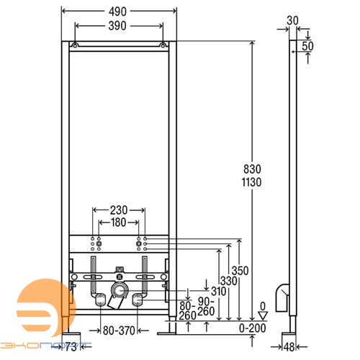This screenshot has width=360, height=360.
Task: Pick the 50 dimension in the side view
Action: point(308,45)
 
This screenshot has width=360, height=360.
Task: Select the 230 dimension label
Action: point(120,211)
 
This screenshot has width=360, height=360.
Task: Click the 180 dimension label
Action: point(120,223)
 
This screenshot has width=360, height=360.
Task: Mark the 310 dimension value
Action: point(217,290)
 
